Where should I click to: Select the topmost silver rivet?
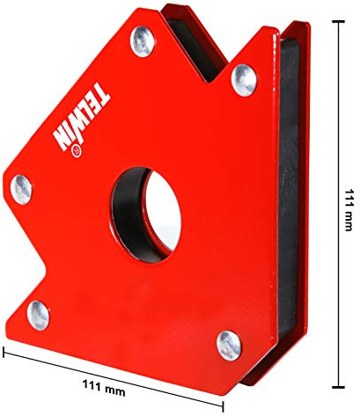tap(141, 39)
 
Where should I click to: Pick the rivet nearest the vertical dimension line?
tap(244, 80)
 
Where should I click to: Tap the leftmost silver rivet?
tap(21, 186)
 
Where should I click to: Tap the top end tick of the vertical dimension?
tap(339, 23)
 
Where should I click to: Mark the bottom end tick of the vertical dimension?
tap(339, 384)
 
